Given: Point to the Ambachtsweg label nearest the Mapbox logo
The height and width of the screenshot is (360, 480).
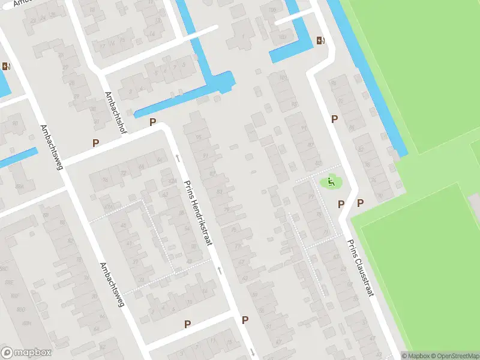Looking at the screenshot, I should point(112,285).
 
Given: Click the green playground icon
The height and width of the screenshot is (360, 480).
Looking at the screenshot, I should point(331,181).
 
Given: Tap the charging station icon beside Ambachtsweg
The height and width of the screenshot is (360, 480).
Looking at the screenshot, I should point(7,67).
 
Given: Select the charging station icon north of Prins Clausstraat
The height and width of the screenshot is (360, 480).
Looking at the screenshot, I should point(320,41).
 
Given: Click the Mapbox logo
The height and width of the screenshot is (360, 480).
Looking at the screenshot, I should point(26,353).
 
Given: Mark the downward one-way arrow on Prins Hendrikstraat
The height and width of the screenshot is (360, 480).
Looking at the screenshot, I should point(253,352).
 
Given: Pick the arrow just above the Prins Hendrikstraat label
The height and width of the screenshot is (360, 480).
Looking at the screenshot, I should point(178,158).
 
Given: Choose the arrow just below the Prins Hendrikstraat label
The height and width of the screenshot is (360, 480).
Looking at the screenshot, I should point(220,271).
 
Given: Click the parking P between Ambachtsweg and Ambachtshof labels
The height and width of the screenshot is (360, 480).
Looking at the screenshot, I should point(95,143).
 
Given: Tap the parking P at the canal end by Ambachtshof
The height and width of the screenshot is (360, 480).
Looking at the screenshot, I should point(152,122).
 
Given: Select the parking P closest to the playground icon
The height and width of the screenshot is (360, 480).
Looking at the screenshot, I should point(341,204).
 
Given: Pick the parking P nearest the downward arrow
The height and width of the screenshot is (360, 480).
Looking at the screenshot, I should point(245,320).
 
